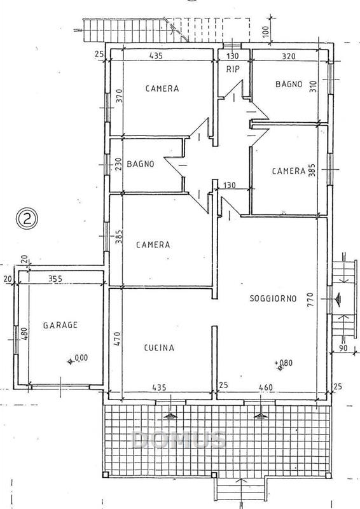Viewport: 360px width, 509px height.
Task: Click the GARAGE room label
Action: pos(60,325)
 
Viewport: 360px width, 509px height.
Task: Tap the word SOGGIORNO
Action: pos(273,298)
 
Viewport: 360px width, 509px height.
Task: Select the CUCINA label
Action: pos(159,348)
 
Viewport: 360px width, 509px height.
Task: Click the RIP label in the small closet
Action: pos(233,69)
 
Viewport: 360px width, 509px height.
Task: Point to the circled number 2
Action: pos(27,218)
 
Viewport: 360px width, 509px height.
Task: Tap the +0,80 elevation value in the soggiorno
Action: pos(284,363)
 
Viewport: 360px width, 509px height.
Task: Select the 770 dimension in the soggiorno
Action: pos(310,300)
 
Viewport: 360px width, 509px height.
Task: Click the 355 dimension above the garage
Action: pos(55,279)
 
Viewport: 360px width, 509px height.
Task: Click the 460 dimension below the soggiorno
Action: pos(265,387)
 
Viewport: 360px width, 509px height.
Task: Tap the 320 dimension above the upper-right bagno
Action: pos(289,56)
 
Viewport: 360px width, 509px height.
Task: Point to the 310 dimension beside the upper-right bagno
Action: pos(313,87)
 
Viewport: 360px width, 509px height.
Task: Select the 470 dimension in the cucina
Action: pos(117,338)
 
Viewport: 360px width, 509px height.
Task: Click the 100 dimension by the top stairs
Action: pos(265,31)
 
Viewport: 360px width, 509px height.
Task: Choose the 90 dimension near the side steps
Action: pos(343,348)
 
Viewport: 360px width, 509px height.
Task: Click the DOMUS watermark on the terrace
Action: pos(179,440)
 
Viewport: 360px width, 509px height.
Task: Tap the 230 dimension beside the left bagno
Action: pos(118,164)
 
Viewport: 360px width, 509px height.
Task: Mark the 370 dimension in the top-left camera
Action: pos(119,96)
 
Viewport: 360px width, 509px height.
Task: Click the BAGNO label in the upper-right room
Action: pos(289,84)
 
